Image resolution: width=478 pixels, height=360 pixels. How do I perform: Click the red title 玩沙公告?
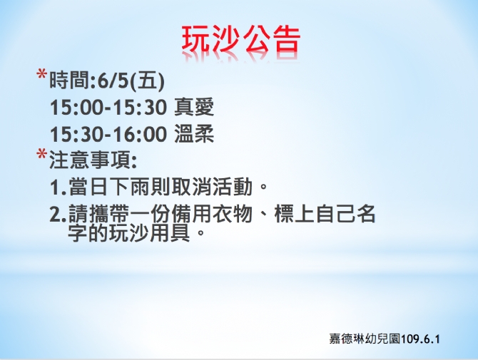coord(241,40)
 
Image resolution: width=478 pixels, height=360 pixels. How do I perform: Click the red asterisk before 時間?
coord(41,75)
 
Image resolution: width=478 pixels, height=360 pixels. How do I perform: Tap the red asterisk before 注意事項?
coord(41,154)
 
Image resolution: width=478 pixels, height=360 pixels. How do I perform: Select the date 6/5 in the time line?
coord(113,81)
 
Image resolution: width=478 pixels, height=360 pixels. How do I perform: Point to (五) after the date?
coord(147,81)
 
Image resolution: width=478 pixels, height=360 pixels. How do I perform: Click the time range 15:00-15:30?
coord(108,108)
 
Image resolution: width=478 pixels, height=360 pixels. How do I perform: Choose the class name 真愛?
coord(194,107)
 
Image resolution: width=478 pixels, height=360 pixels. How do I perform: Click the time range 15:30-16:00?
coord(108,134)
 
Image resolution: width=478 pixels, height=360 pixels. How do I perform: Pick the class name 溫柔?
coord(194,134)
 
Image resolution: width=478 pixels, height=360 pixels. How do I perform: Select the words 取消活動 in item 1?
coord(212,186)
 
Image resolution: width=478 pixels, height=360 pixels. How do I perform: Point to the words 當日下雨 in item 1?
coord(109,186)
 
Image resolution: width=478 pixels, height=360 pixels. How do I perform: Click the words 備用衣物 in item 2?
coord(212,213)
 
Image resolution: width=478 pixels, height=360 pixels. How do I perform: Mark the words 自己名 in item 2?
coord(346,213)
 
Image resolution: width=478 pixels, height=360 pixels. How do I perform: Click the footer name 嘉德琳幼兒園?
coord(365,339)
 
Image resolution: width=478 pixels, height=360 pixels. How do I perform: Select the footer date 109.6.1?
coord(420,339)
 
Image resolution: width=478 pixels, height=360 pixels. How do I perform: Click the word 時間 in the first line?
coord(69,81)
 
